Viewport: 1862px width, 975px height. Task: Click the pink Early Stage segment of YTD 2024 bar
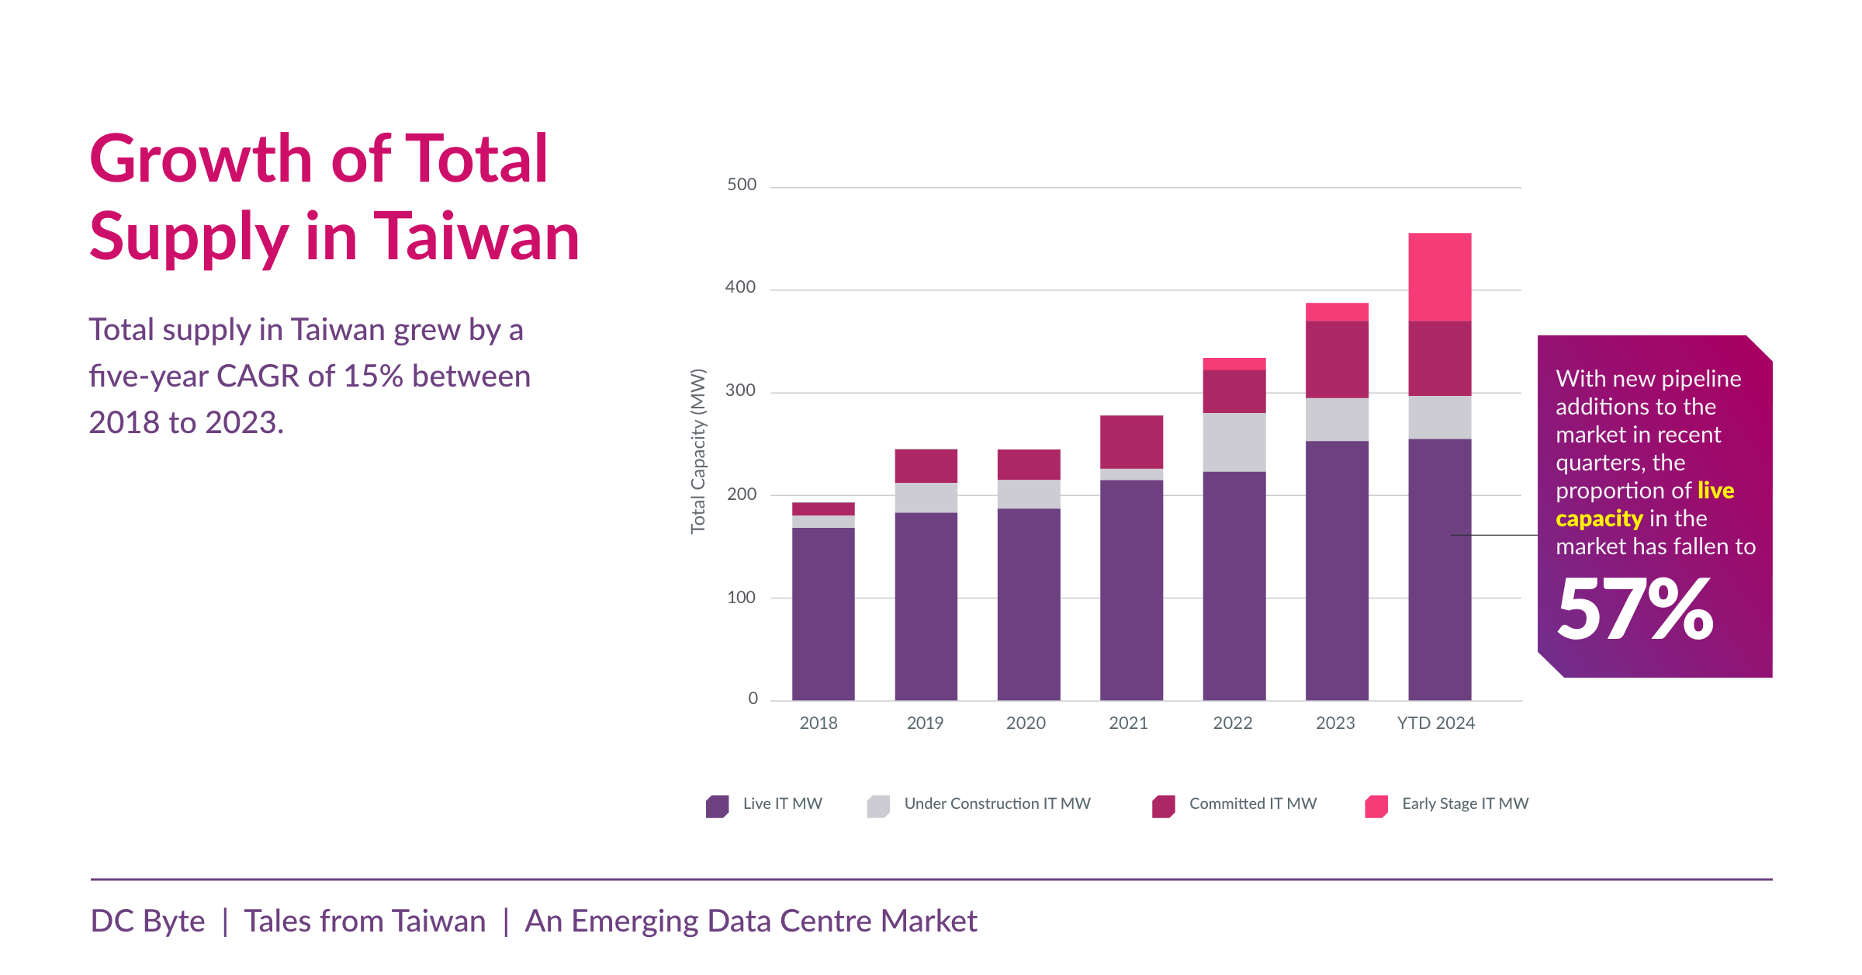coord(1439,277)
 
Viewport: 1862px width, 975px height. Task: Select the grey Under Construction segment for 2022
coord(1234,442)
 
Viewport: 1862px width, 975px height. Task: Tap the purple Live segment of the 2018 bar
coord(823,613)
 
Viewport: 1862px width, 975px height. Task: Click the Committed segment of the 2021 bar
coord(1131,442)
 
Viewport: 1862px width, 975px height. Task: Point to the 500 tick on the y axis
coord(741,185)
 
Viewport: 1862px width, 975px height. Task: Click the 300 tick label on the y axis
coord(740,390)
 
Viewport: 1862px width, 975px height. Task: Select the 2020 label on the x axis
coord(1026,723)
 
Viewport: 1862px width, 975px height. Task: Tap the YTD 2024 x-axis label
coord(1435,723)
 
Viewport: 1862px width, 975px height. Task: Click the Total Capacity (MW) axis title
coord(698,451)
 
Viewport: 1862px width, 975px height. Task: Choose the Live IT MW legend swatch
coord(717,806)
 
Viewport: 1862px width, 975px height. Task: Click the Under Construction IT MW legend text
coord(997,803)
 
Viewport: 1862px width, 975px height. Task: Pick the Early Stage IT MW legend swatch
coord(1376,806)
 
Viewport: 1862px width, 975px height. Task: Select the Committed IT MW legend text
coord(1252,803)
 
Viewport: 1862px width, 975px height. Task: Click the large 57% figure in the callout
coord(1635,610)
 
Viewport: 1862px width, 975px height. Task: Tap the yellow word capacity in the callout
coord(1599,519)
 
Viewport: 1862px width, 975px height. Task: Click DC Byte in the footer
coord(147,921)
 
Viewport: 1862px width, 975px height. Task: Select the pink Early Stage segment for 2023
coord(1337,312)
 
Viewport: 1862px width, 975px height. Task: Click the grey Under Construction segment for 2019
coord(926,498)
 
